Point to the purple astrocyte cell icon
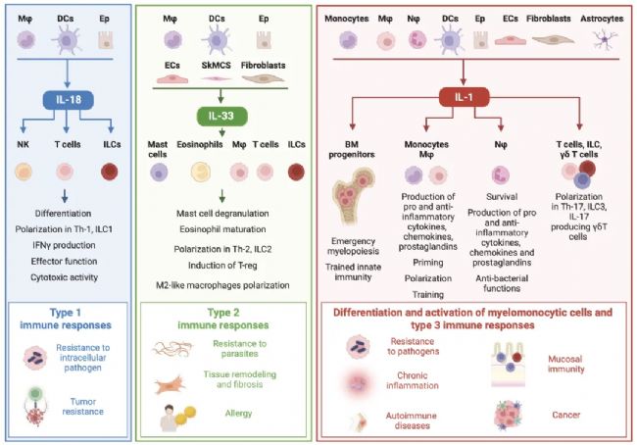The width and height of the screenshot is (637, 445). click(611, 39)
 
